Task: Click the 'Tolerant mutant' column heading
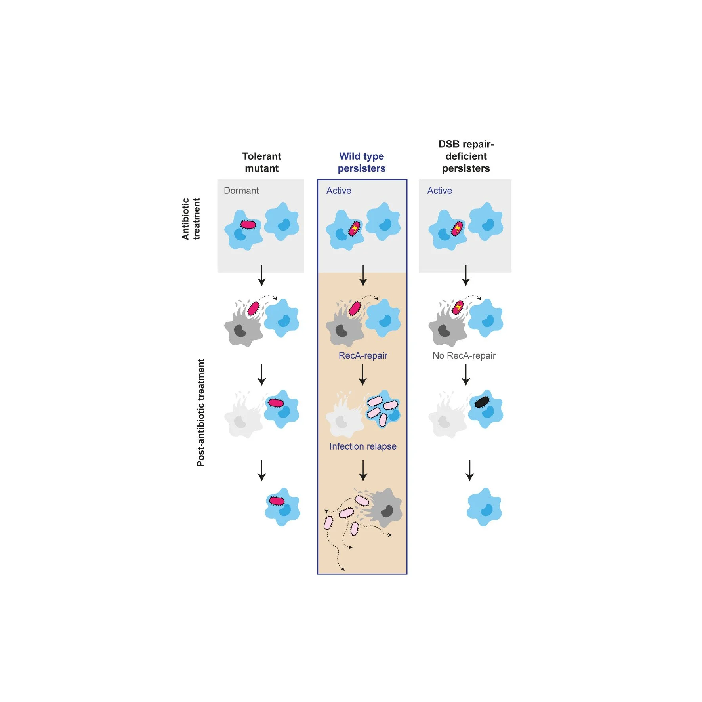(261, 162)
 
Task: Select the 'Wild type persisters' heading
(361, 162)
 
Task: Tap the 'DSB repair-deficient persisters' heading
(466, 156)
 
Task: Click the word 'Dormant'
(241, 191)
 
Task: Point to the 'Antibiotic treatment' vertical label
(191, 219)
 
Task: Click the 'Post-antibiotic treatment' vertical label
(201, 412)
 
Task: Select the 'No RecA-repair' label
(464, 355)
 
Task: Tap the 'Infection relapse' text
(363, 446)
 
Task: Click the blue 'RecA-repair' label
(363, 355)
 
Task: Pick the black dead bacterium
(482, 402)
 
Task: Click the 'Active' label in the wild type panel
(339, 191)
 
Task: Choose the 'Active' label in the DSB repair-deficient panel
(439, 191)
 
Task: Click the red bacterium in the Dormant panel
(248, 225)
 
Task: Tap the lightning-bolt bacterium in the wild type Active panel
(355, 228)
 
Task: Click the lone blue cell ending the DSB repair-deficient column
(484, 507)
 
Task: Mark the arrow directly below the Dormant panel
(261, 275)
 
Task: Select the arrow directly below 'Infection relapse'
(363, 470)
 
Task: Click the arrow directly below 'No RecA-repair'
(466, 375)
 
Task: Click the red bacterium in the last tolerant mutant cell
(277, 501)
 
